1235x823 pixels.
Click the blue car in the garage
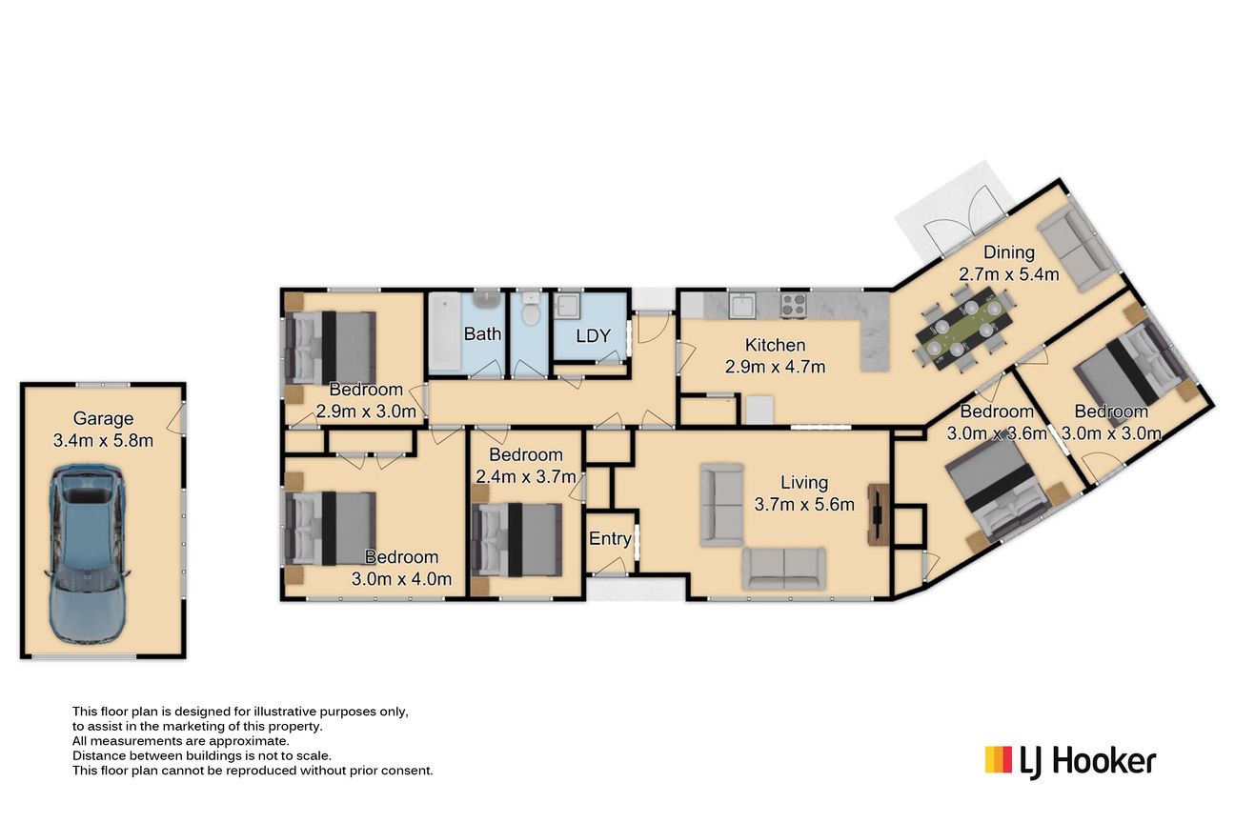[89, 554]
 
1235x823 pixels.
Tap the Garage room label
[103, 418]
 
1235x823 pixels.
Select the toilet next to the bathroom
[531, 310]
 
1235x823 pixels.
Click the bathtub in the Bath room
[445, 331]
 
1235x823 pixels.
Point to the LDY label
[594, 335]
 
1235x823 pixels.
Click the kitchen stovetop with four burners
[794, 305]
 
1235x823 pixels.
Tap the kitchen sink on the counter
[742, 305]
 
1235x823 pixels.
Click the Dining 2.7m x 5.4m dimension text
[1009, 274]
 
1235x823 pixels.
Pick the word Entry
[610, 538]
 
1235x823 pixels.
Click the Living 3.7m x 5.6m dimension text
[804, 504]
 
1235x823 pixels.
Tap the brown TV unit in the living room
[879, 514]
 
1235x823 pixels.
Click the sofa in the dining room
[1074, 251]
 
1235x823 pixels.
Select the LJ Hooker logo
[1070, 761]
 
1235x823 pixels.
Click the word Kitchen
[775, 345]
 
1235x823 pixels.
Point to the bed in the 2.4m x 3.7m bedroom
[517, 539]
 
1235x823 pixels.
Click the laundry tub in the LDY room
[567, 306]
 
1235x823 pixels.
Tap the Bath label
[482, 333]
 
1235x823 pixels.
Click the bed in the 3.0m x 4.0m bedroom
[331, 528]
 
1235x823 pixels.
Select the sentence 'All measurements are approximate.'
[181, 741]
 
